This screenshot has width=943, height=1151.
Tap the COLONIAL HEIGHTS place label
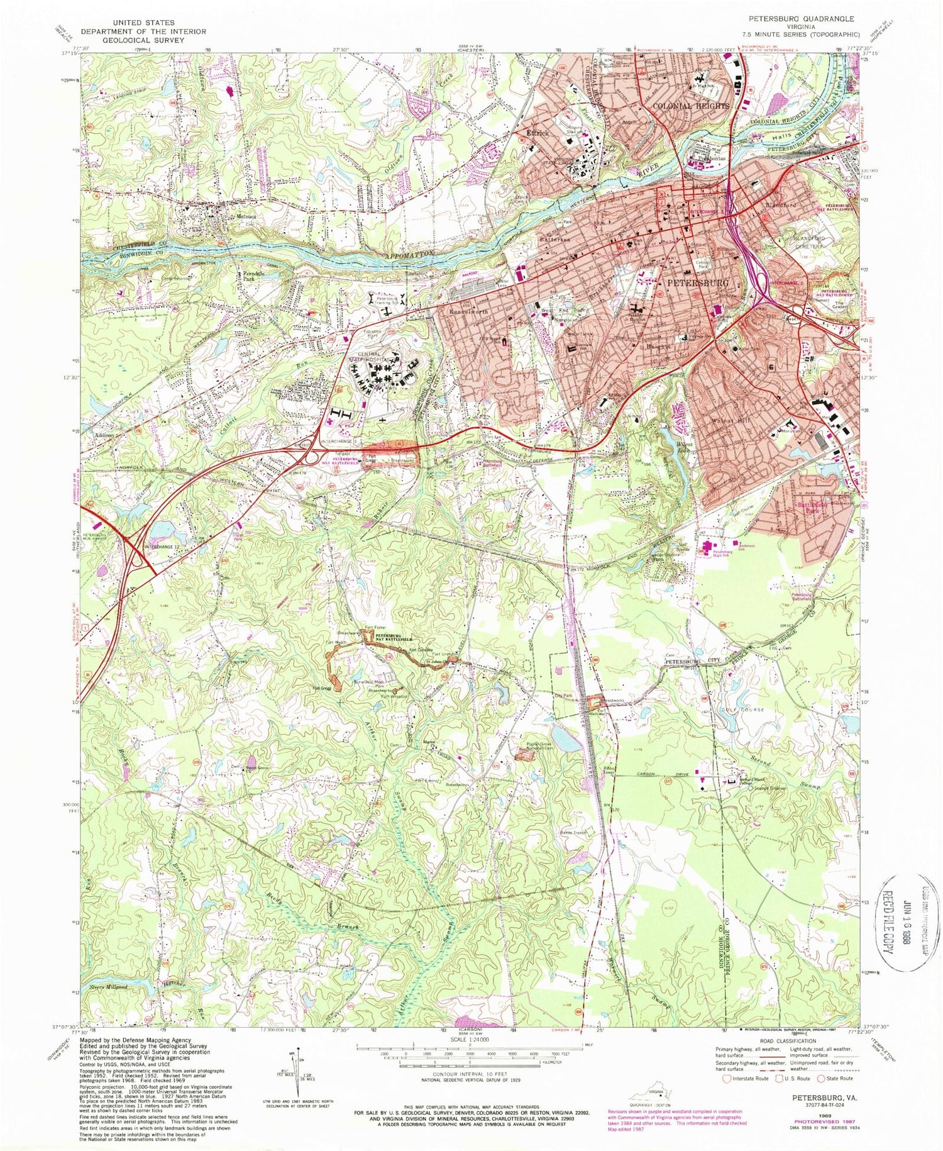691,106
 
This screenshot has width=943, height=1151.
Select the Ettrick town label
538,133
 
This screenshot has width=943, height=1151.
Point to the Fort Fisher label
375,627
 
